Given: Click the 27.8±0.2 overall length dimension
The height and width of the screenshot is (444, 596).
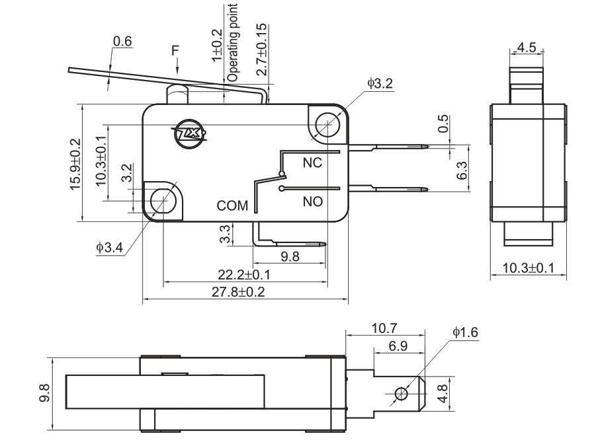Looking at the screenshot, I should point(243,291).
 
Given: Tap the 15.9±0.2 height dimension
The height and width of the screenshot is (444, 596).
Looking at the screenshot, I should point(75,164).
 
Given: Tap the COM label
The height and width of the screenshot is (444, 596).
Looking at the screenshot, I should point(233,206).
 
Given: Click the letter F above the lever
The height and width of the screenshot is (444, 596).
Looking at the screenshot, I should point(175,50).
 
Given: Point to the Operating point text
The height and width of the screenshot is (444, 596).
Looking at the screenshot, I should point(233,41).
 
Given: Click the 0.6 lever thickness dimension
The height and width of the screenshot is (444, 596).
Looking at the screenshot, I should point(122,41).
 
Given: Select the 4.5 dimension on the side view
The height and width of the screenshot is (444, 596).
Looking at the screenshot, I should point(527,48).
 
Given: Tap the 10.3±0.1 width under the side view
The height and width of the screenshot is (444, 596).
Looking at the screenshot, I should point(528,268).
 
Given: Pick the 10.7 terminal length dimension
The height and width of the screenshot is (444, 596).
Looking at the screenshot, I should point(384,328).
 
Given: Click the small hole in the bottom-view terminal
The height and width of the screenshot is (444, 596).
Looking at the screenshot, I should point(400,394).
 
